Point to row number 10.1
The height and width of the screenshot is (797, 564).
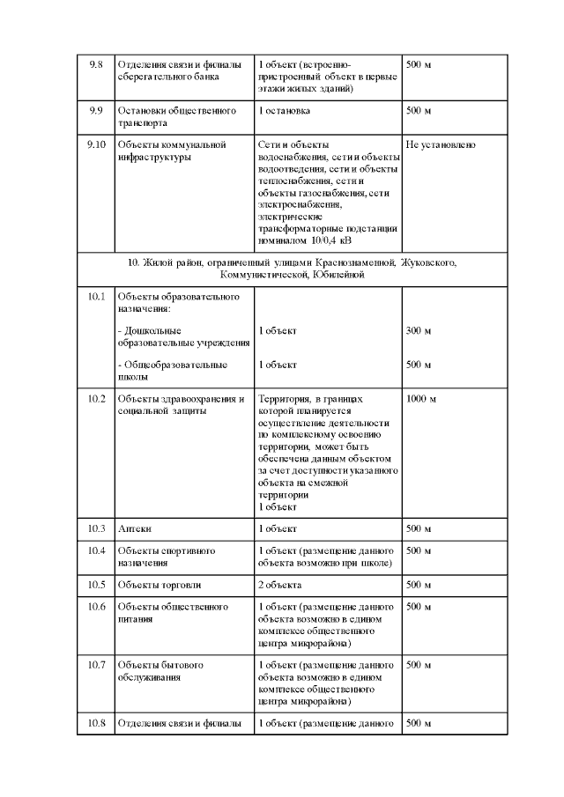coord(97,297)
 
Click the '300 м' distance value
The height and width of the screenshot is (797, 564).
coord(419,331)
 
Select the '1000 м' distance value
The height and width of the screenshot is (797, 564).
coord(421,399)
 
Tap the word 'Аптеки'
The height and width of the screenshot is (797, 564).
coord(135,528)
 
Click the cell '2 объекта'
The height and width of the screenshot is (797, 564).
coord(279,585)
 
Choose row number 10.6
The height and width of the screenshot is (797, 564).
coord(97,608)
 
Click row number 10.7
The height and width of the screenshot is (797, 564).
coord(97,664)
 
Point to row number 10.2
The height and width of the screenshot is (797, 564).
coord(97,399)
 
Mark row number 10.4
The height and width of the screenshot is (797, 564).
coord(97,551)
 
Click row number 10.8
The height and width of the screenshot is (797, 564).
coord(97,724)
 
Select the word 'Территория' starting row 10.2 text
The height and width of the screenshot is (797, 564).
coord(283,399)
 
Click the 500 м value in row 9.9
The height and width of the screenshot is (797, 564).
coord(419,111)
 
